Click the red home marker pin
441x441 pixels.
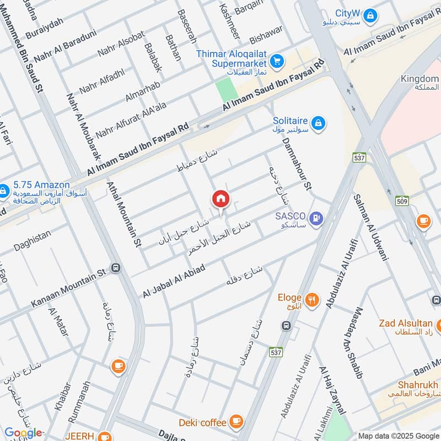coord(220,199)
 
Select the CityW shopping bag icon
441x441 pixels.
coord(372,15)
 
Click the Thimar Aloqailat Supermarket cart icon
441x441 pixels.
coord(277,60)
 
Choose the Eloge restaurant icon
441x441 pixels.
coord(313,299)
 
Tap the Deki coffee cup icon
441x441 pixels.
coord(236,422)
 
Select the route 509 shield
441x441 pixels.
coord(402,201)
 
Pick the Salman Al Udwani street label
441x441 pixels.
coord(373,227)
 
